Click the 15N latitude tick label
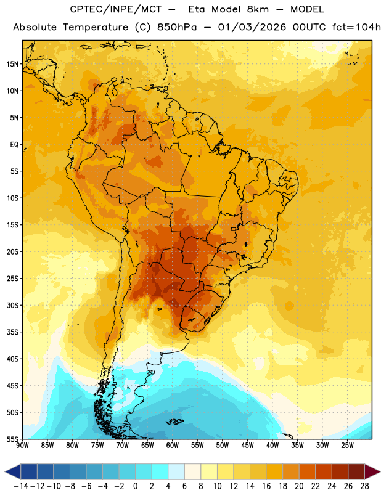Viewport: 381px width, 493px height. tap(12, 64)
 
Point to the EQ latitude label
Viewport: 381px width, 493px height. tap(14, 145)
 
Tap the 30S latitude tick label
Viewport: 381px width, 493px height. tap(12, 305)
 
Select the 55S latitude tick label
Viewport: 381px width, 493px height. tap(12, 439)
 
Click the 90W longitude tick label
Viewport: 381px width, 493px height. tap(22, 446)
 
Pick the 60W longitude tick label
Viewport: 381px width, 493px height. tap(173, 446)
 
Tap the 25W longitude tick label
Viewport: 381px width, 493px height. tap(347, 446)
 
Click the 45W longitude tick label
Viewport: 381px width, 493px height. tap(247, 446)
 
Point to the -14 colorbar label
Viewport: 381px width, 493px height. tap(22, 486)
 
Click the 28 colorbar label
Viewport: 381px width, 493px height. tap(364, 486)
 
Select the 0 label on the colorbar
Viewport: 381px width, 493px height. tap(136, 486)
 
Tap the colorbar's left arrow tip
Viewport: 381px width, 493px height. tap(5, 472)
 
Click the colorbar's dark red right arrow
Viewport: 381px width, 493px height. tap(372, 472)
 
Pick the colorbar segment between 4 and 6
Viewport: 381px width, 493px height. tap(176, 472)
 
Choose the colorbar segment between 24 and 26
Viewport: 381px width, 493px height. tap(340, 472)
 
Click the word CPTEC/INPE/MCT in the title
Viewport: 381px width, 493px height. tap(115, 9)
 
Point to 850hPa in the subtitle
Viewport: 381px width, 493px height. tap(177, 27)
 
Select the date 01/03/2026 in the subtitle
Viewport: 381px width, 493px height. tap(252, 27)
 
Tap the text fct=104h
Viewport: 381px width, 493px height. tap(356, 27)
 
